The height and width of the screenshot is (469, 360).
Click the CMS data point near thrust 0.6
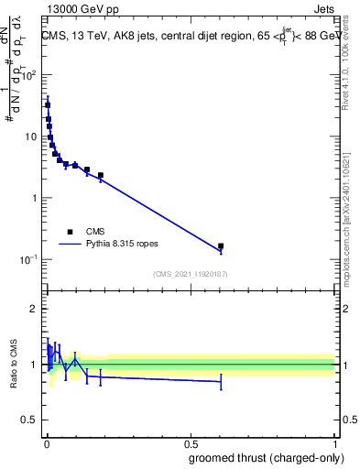[221, 246]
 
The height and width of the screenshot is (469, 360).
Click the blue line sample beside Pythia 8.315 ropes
[70, 245]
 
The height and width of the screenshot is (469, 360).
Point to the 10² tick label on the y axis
[33, 76]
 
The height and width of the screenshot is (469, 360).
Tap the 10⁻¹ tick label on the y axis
[33, 259]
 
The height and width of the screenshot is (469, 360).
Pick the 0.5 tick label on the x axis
[191, 443]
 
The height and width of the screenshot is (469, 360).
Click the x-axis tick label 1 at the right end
[334, 443]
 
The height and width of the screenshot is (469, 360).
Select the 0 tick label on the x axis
[47, 443]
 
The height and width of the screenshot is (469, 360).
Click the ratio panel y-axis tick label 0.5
[30, 421]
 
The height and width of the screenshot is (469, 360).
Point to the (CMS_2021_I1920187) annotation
[191, 274]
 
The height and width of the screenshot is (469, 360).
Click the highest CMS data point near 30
[48, 105]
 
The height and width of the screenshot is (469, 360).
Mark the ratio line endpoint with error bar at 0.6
[221, 381]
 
